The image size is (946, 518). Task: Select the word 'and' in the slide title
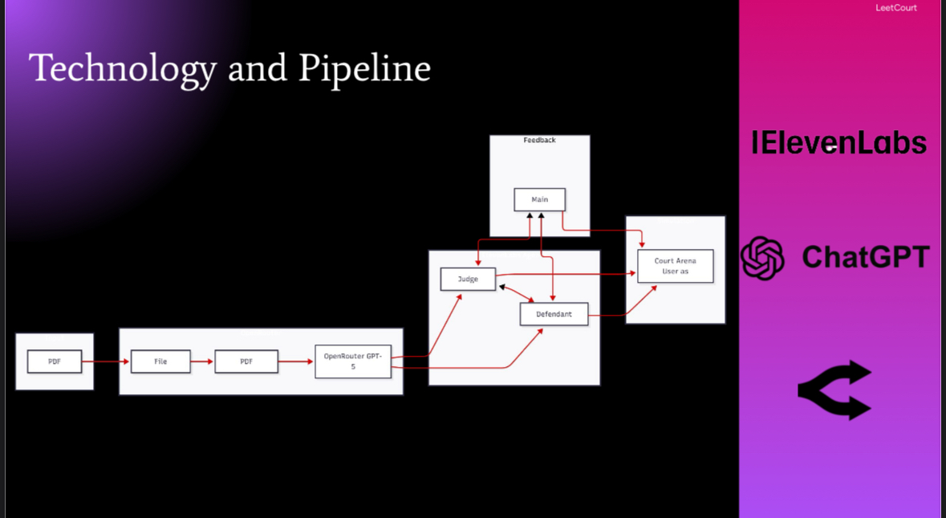click(258, 68)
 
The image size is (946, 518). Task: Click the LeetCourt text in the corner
click(896, 8)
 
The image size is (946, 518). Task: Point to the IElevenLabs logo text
click(838, 143)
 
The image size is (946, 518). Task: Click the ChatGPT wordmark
click(865, 257)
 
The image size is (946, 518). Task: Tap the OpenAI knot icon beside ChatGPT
click(762, 258)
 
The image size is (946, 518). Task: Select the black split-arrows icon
click(835, 390)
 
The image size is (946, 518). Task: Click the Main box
click(539, 200)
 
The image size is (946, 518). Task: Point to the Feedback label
click(539, 140)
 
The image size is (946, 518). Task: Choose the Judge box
click(468, 279)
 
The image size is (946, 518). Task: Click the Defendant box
click(554, 314)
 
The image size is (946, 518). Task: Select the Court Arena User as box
click(675, 267)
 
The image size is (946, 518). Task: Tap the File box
click(160, 361)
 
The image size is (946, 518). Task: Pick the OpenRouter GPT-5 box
click(353, 361)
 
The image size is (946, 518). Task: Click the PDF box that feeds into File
click(55, 361)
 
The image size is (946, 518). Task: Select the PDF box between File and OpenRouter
click(246, 361)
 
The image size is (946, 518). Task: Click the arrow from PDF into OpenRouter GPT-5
click(296, 361)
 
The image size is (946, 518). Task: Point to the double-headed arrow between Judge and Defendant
click(517, 293)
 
